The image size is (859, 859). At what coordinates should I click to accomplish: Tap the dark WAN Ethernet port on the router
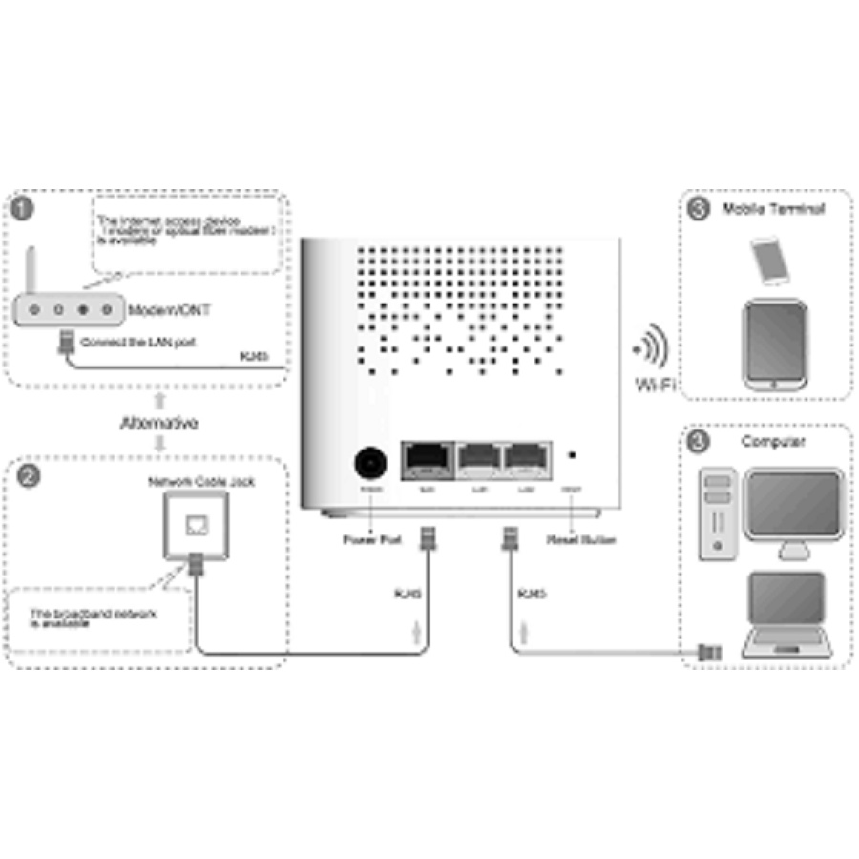coord(428,461)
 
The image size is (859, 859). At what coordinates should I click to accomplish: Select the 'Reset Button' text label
coord(581,540)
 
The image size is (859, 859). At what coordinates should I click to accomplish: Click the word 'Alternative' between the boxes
coord(159,423)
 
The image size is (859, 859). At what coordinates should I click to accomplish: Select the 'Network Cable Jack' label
coord(200,483)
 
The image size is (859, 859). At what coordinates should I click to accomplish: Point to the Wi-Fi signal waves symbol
coord(653,346)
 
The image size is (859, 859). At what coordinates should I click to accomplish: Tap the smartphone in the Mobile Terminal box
coord(770,261)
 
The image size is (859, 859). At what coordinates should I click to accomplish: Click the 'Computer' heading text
coord(772,442)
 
